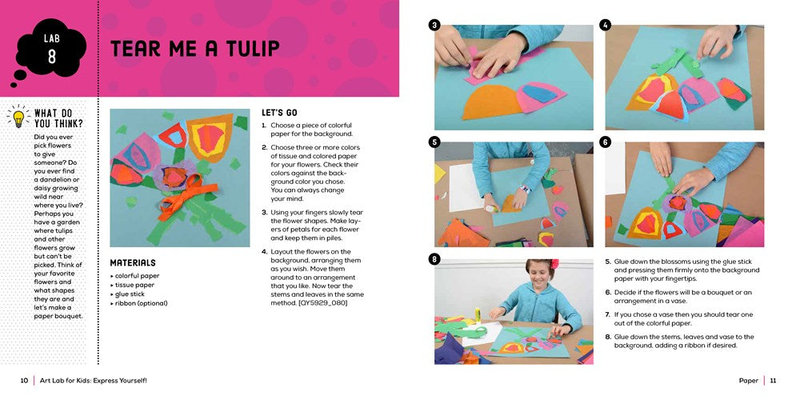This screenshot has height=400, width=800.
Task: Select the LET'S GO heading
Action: click(x=279, y=113)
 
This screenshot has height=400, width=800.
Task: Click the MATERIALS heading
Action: click(x=133, y=262)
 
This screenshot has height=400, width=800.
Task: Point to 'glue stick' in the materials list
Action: click(x=130, y=294)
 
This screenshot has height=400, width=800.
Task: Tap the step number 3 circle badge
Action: click(x=434, y=25)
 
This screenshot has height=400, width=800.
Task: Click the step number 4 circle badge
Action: click(x=605, y=25)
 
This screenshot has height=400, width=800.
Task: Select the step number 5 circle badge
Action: click(x=434, y=142)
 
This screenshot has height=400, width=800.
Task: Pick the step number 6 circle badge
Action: click(x=605, y=142)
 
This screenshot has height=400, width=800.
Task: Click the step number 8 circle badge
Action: click(x=434, y=259)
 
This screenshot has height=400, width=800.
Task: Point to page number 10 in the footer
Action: click(x=25, y=381)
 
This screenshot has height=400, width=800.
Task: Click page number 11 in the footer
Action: click(x=773, y=381)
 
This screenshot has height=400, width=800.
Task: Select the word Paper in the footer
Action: click(x=748, y=381)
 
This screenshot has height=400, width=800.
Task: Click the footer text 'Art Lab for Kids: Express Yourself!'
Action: click(x=94, y=381)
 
